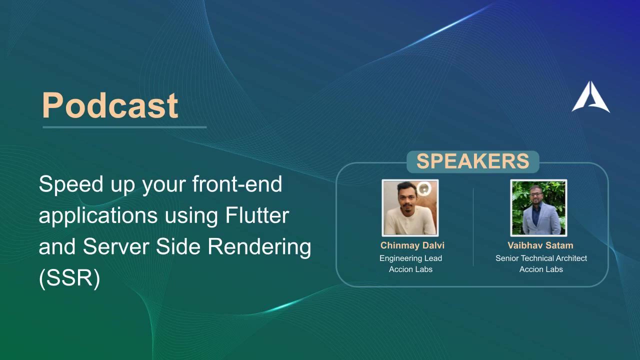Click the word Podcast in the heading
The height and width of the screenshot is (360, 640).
pos(110,105)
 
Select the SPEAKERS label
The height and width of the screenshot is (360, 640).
pos(473,161)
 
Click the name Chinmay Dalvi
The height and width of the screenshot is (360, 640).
pos(412,245)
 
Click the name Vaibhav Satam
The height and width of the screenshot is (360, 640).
pos(540,245)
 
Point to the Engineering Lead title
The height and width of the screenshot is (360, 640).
pos(410,258)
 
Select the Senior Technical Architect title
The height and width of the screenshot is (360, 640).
pos(541,258)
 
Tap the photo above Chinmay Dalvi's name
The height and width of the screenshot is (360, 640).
pos(410,207)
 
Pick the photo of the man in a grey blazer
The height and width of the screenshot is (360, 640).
pos(538,207)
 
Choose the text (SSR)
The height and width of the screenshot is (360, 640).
pos(69,278)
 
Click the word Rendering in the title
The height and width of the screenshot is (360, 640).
pos(259,247)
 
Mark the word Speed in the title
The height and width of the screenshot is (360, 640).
pos(71,185)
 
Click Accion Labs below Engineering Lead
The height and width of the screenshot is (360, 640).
pos(410,269)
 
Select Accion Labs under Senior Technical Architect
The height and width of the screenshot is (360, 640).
pos(541,269)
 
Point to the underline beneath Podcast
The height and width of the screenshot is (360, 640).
pos(124,127)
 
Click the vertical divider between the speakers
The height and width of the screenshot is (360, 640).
pos(473,227)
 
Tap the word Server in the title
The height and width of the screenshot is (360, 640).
pos(116,247)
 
